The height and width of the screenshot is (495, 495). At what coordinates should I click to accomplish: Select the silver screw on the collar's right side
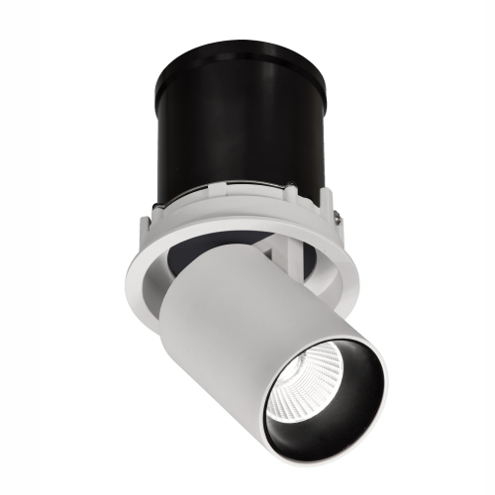[340, 215]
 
